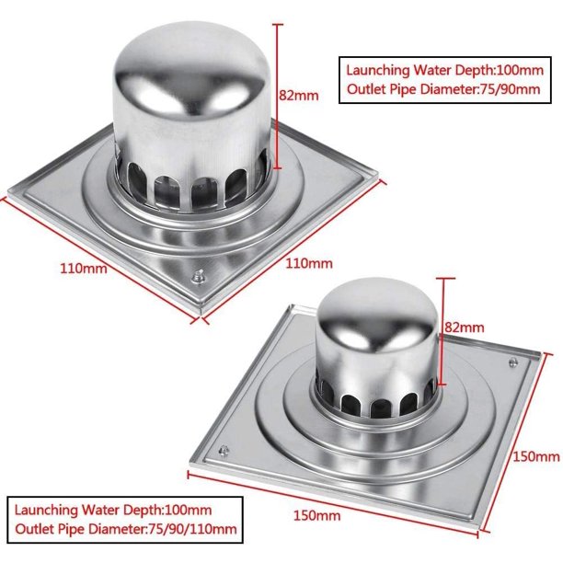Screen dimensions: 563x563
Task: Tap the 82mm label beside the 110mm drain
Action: coord(299,96)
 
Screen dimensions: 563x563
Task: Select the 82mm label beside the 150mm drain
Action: coord(465,327)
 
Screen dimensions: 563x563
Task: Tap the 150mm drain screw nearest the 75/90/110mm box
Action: coord(224,450)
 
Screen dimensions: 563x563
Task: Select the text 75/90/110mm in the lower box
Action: coord(192,529)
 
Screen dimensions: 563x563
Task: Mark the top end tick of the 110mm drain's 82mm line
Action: coord(278,25)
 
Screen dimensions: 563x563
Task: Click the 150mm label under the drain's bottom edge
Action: coord(316,515)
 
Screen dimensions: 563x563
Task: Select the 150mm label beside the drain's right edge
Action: coord(537,456)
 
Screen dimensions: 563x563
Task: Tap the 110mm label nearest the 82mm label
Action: coord(309,263)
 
